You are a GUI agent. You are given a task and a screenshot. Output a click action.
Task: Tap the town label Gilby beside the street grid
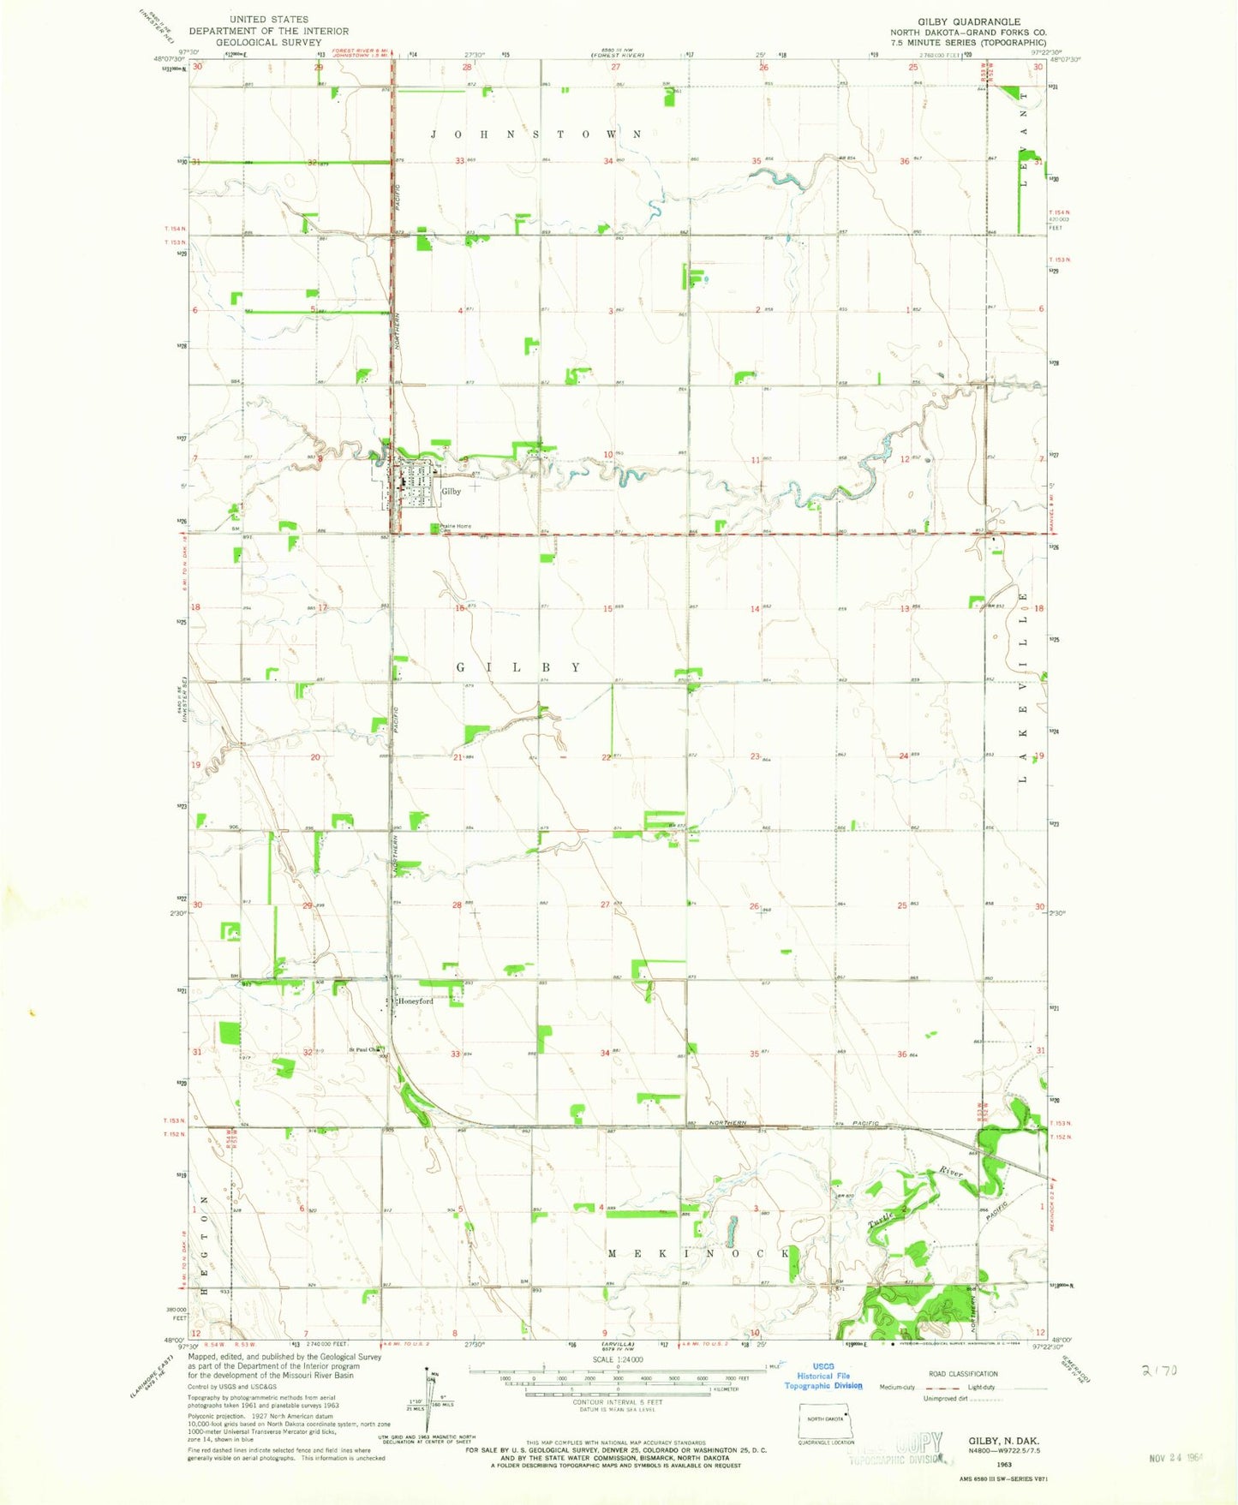coord(452,491)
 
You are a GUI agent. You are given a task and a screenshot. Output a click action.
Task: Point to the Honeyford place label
coord(415,1000)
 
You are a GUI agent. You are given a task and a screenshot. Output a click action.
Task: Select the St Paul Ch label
coord(363,1049)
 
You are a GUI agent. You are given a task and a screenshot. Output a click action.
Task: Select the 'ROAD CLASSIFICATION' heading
coord(963,1374)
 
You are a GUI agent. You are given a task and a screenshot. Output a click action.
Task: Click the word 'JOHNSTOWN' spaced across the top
coord(535,134)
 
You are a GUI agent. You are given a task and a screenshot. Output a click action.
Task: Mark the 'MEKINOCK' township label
coord(699,1253)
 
